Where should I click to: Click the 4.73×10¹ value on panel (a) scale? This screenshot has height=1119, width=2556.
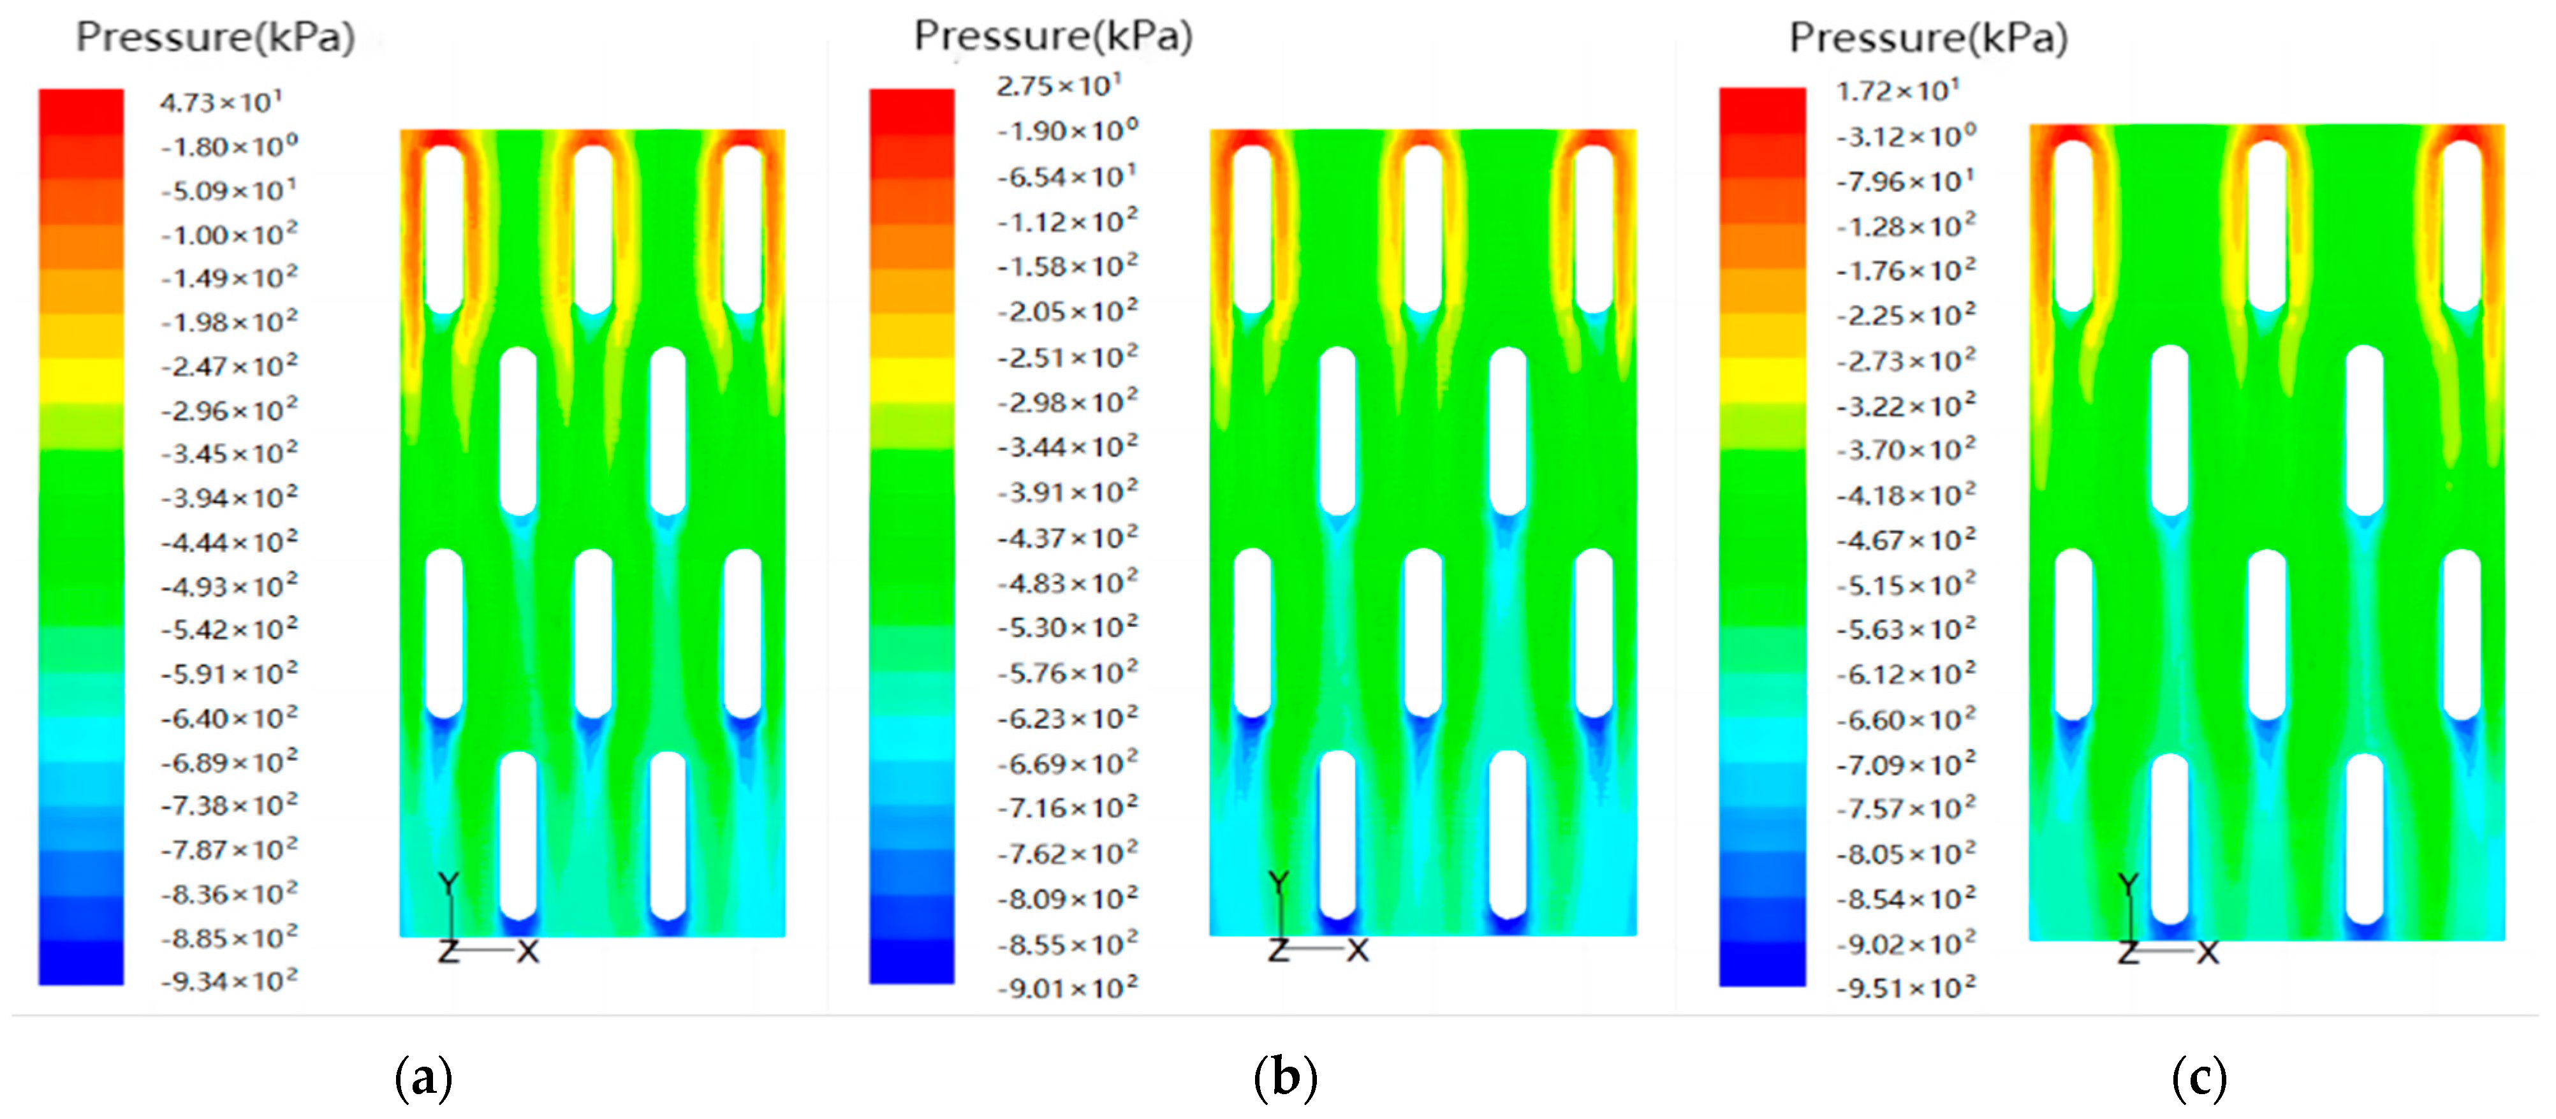(x=220, y=102)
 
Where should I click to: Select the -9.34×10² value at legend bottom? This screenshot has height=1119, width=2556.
(x=228, y=981)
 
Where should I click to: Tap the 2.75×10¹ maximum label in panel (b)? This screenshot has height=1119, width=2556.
(x=1058, y=86)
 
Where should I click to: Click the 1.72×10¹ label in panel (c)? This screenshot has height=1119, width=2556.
(x=1897, y=91)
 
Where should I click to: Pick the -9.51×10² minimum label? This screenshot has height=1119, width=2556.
(x=1905, y=988)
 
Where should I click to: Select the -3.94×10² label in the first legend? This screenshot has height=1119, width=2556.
(x=228, y=497)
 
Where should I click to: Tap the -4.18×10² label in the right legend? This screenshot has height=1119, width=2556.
(x=1905, y=494)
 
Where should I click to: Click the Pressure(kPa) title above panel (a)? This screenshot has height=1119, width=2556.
(x=216, y=38)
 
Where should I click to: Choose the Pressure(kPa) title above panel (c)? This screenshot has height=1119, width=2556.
(x=1928, y=38)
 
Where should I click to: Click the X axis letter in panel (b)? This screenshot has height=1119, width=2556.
(x=1357, y=951)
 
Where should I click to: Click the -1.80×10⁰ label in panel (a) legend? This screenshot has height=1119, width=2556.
(x=228, y=147)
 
